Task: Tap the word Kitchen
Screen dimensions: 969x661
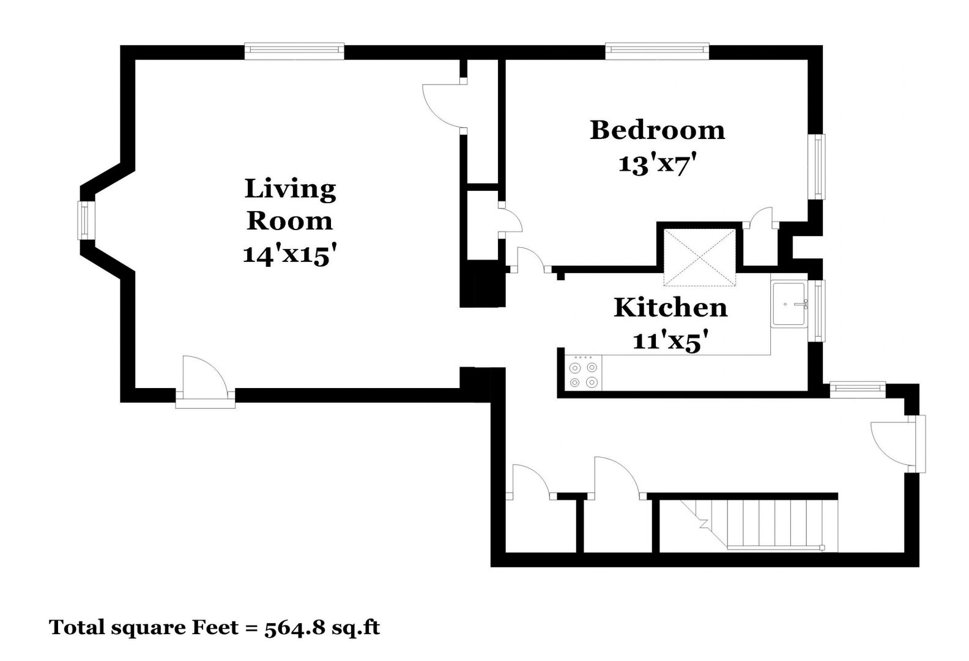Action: (670, 308)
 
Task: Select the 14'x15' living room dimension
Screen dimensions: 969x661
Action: (290, 255)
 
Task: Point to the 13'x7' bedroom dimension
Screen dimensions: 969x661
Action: (658, 164)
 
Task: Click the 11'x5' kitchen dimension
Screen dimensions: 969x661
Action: (671, 341)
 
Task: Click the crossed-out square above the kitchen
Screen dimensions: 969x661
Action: (699, 258)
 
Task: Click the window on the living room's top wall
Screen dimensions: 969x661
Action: (295, 51)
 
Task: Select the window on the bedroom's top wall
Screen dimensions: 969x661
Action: (657, 51)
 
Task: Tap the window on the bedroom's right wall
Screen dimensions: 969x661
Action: (817, 167)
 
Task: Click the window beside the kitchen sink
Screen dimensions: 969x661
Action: (817, 311)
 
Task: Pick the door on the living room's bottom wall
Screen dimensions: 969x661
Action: (206, 383)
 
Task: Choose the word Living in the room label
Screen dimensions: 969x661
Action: (290, 189)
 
